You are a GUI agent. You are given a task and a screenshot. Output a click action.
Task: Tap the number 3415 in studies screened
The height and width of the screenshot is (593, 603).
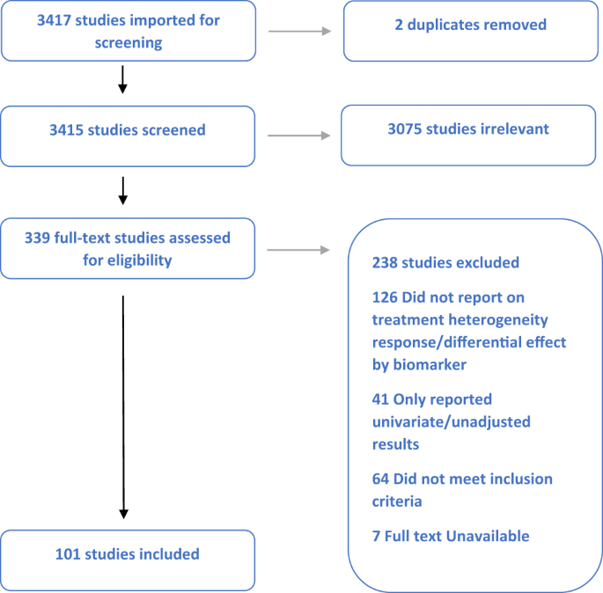click(x=68, y=130)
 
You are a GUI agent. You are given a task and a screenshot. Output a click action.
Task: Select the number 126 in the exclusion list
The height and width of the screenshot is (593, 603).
click(x=386, y=297)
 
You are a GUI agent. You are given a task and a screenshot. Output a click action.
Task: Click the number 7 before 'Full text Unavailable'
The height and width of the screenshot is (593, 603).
click(x=377, y=536)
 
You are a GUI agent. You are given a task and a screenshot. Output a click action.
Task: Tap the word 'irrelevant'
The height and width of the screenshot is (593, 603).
click(x=511, y=129)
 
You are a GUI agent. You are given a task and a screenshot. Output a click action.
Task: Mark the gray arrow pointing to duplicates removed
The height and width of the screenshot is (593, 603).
click(x=298, y=31)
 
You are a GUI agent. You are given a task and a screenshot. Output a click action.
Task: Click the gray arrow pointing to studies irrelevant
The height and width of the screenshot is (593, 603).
click(x=298, y=135)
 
